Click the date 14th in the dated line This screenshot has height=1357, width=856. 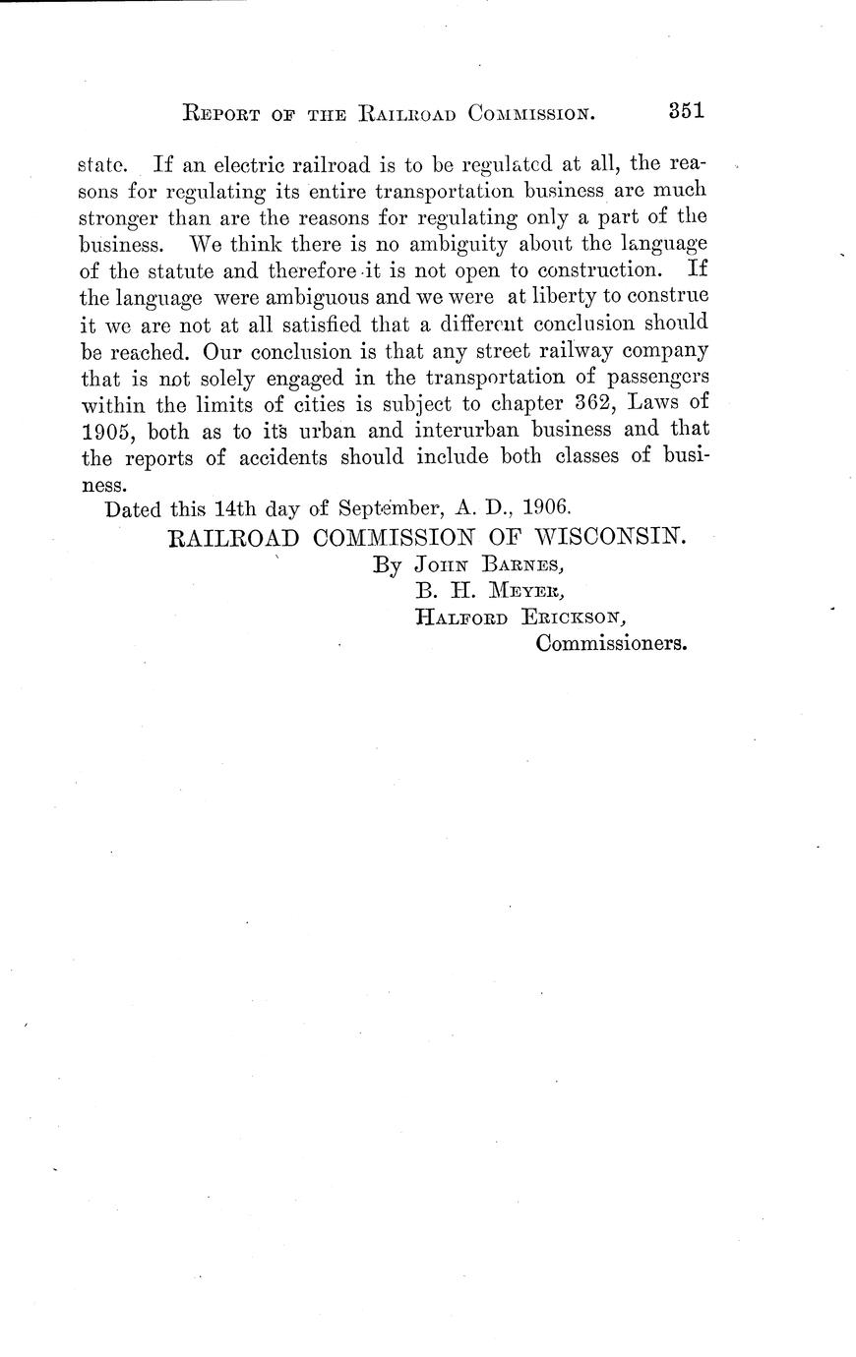[x=235, y=509]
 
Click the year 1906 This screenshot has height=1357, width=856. [x=545, y=509]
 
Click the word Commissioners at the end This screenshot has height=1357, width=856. [x=610, y=645]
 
